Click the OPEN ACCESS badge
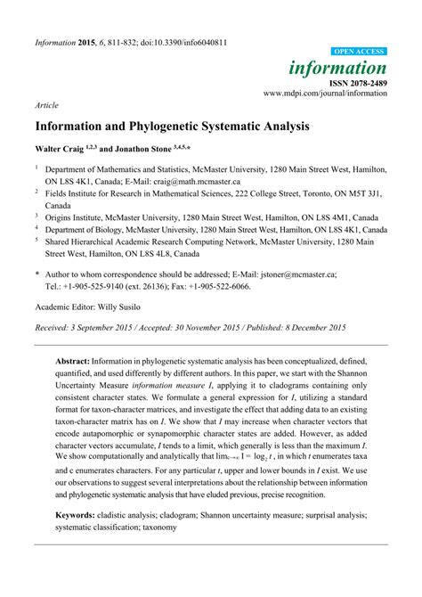(x=360, y=53)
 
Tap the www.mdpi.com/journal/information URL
(x=325, y=93)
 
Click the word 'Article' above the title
(x=46, y=104)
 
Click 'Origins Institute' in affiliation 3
(x=82, y=216)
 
